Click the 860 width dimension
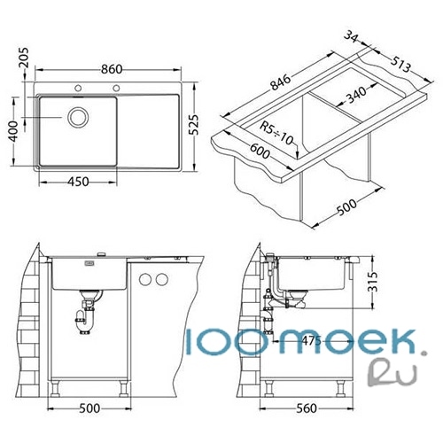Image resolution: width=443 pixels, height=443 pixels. (x=112, y=69)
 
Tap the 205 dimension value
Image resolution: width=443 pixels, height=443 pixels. (x=24, y=58)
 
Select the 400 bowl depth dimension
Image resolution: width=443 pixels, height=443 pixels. (x=14, y=131)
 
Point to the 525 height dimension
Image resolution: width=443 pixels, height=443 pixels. (x=194, y=124)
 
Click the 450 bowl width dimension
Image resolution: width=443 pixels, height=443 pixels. (x=78, y=182)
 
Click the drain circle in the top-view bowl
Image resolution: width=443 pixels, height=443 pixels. (x=78, y=117)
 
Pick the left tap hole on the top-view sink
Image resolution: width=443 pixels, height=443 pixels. (x=78, y=88)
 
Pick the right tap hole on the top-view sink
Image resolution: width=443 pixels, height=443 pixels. (x=116, y=88)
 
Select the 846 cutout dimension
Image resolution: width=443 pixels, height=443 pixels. (x=281, y=82)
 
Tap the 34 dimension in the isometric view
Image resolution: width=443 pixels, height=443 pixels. (x=352, y=37)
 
